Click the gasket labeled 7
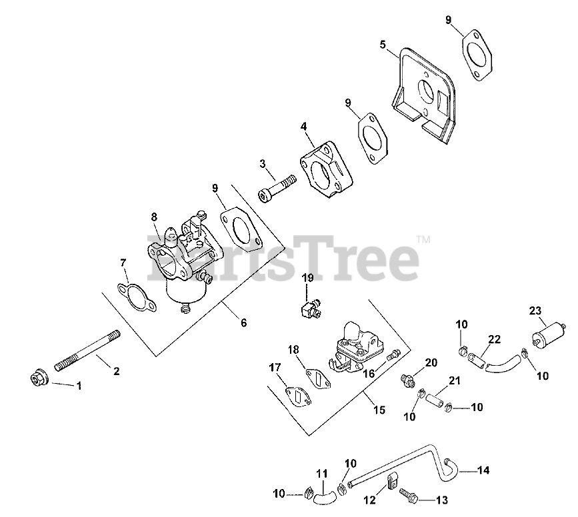point(135,296)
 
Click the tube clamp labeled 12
point(391,478)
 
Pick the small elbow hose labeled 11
point(325,493)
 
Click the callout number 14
point(483,470)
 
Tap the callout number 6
point(243,323)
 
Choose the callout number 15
point(379,410)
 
